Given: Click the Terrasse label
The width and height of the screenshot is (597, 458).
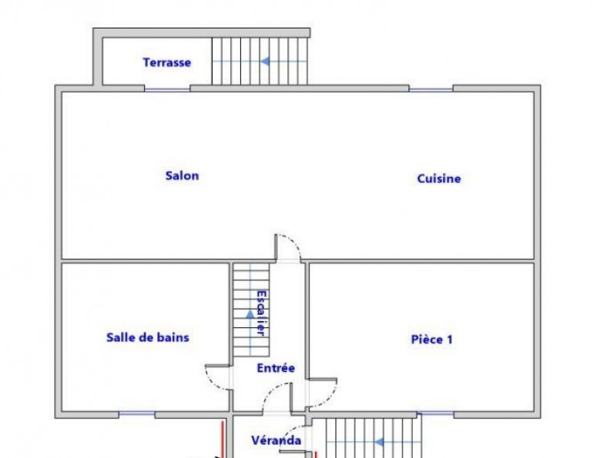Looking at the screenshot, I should (166, 62).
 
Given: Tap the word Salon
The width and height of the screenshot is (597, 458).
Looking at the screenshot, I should (182, 176).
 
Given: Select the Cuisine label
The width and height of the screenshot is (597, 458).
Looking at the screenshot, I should (439, 179).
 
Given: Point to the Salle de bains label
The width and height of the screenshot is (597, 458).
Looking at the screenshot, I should (147, 337).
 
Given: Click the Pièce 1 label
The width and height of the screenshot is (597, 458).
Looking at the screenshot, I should (431, 339).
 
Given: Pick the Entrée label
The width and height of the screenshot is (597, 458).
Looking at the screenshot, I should (276, 368).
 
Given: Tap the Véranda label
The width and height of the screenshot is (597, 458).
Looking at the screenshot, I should (276, 440).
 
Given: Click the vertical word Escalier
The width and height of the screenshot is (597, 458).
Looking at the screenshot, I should (261, 313).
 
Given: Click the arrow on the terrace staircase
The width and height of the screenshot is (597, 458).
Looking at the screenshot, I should (265, 61).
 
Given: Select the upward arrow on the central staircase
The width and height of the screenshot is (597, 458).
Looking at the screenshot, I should (250, 313).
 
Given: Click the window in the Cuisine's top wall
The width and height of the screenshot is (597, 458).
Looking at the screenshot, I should (431, 89).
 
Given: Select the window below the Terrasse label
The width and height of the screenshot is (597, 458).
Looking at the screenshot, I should (166, 89).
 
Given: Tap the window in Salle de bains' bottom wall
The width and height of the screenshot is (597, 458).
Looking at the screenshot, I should (136, 414).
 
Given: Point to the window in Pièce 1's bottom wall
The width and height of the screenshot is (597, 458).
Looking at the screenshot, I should (435, 414).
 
